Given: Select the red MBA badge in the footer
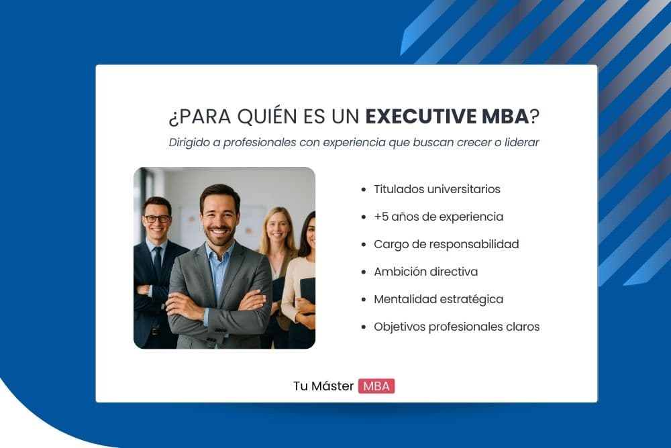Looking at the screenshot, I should [376, 386].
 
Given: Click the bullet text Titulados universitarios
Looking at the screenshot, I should [437, 189].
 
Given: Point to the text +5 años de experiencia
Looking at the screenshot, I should [438, 217].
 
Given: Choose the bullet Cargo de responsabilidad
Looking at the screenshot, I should [446, 244].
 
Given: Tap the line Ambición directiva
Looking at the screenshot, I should [425, 272].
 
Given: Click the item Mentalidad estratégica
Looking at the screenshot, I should [438, 299].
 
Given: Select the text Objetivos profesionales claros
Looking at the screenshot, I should [456, 327].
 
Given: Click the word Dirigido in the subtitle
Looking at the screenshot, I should [189, 143].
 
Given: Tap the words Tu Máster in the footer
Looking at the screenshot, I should [323, 386].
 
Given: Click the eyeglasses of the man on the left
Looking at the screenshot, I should [157, 219].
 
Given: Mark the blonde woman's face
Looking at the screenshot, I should [276, 228].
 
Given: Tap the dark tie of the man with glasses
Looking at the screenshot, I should [158, 265].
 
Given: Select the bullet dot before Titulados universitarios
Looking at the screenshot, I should [363, 190].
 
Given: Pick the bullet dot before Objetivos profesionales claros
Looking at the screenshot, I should [363, 327].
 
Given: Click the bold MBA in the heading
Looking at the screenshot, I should [505, 116].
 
